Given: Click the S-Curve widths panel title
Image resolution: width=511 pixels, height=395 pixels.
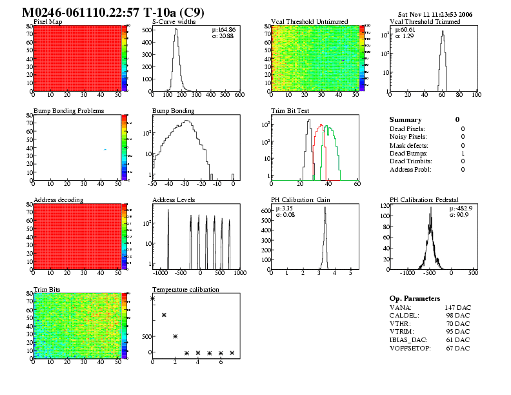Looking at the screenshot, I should tap(173, 22).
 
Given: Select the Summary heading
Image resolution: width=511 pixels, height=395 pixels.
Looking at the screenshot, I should tap(405, 120).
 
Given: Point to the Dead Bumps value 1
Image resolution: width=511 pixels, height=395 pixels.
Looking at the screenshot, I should tap(463, 154).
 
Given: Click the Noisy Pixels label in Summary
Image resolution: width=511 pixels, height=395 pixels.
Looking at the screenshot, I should tap(408, 137).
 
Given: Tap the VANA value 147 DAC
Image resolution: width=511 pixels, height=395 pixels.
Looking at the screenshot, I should tap(457, 308).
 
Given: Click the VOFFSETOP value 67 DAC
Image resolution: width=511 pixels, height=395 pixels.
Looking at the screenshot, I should tap(457, 349).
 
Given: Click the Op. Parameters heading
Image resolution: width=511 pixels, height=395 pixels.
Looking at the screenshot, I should tap(415, 299).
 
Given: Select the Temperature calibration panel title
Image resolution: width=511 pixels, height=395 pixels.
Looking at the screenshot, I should tap(185, 290).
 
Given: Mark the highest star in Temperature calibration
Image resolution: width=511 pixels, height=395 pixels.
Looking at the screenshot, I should tap(153, 298).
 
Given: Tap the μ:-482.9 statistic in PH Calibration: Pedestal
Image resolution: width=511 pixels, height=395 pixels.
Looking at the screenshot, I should tap(460, 208).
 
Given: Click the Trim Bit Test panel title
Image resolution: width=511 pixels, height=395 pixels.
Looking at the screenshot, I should tap(290, 111).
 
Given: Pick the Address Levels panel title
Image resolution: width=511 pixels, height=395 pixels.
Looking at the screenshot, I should tap(174, 200).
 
